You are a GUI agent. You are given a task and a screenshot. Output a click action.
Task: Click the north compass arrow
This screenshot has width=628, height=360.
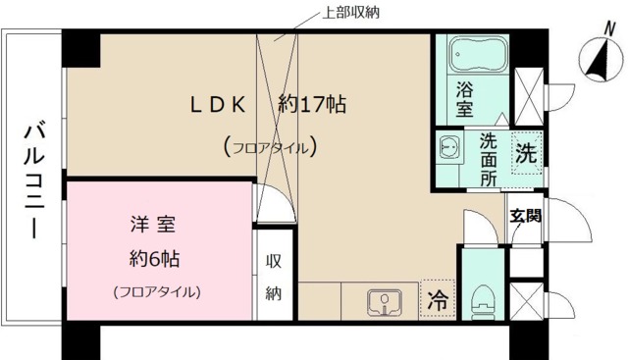coord(593,59)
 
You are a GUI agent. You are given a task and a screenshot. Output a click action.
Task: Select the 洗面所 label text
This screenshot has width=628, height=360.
coord(488,159)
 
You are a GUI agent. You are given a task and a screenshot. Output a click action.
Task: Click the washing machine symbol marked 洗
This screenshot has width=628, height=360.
coord(526,154)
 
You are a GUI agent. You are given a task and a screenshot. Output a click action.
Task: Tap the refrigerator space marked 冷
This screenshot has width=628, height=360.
coord(437,302)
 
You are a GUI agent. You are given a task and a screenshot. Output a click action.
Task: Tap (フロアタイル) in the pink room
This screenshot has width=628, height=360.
coord(157,291)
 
